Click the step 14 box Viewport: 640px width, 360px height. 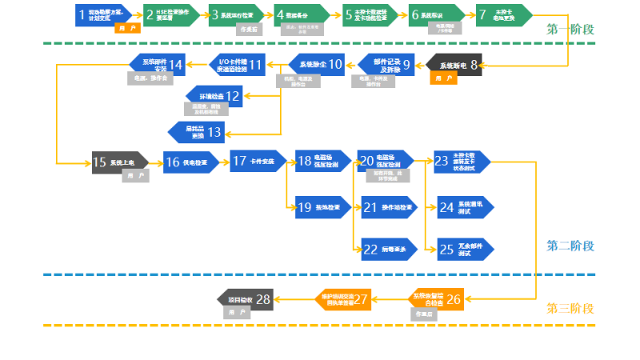157,64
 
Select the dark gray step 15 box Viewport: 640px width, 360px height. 120,162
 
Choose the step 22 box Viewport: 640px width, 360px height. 388,249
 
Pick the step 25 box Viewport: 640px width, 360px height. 464,249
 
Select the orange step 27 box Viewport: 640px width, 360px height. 342,298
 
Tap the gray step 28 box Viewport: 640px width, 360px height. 246,299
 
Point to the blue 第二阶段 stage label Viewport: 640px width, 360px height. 570,246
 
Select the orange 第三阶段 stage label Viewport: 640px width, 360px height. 570,308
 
